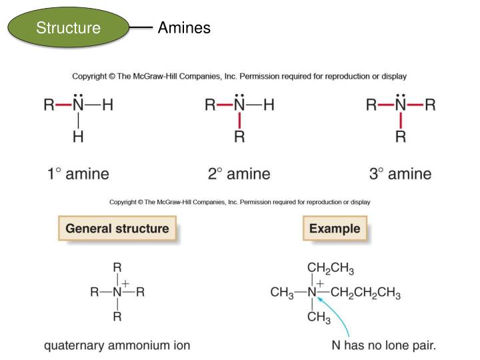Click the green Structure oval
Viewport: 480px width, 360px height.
(x=68, y=28)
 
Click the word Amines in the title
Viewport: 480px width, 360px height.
(x=184, y=28)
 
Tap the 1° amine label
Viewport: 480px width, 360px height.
(x=78, y=175)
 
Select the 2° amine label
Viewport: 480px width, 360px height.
(x=239, y=175)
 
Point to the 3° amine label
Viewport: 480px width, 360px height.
(x=400, y=175)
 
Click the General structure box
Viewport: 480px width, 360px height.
(x=117, y=229)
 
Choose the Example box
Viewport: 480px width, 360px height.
(x=334, y=229)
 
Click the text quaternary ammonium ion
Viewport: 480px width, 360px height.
(x=117, y=345)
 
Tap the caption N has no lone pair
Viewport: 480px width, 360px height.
(x=384, y=345)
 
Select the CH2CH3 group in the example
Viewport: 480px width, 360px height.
(x=331, y=269)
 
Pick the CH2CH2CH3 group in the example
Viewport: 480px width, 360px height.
(x=365, y=293)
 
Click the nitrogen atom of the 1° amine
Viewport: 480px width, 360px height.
(x=79, y=106)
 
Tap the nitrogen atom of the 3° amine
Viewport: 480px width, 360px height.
(x=400, y=106)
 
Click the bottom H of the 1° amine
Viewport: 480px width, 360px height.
(x=79, y=137)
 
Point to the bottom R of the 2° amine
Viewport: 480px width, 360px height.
(x=239, y=137)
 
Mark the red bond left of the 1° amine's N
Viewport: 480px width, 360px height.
(x=63, y=106)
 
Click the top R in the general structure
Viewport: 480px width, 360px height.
(x=117, y=267)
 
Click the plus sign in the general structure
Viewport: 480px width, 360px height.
(x=125, y=283)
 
